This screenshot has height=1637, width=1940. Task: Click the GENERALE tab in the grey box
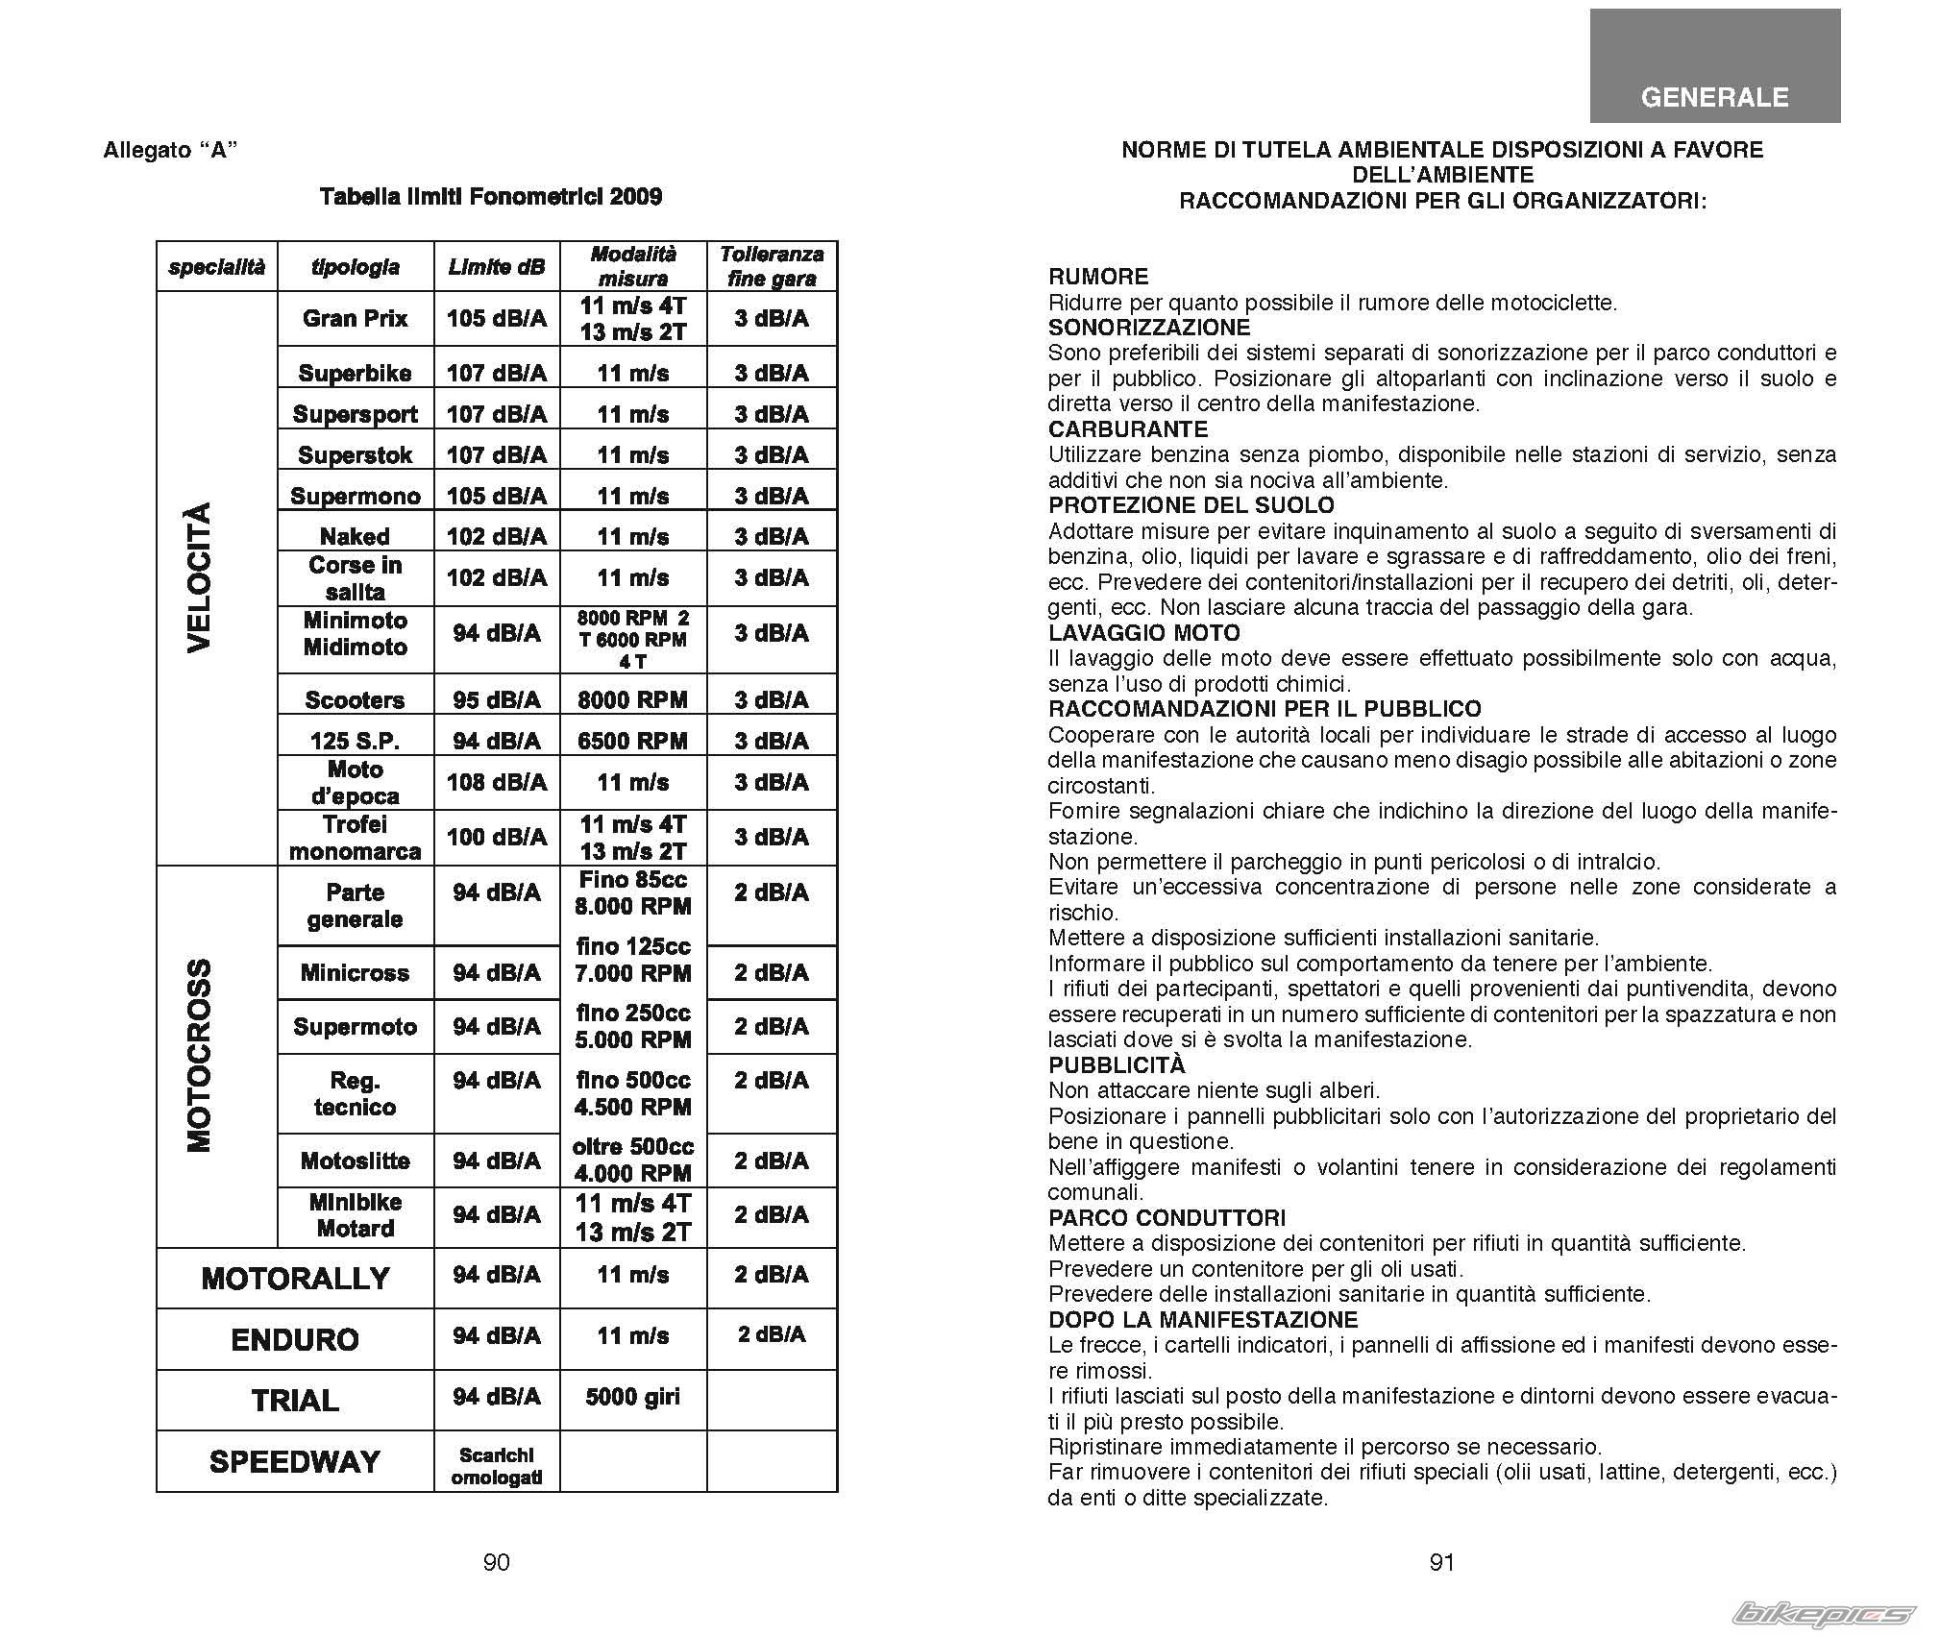point(1714,97)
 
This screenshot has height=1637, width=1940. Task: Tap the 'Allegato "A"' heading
point(170,151)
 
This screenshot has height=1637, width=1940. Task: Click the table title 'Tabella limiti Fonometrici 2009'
point(490,197)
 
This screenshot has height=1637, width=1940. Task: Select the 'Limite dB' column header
point(496,267)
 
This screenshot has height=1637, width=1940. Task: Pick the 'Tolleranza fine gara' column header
point(771,266)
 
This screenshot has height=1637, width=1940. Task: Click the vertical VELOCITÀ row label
point(198,577)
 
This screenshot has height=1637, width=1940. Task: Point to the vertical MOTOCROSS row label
point(198,1055)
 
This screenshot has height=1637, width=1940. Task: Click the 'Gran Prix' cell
point(355,319)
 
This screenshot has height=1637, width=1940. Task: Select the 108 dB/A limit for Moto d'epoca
point(496,782)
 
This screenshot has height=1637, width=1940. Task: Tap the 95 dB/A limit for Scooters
point(496,699)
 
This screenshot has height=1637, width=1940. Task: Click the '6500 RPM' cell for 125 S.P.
point(632,741)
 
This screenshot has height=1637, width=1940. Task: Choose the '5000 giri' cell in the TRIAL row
point(632,1397)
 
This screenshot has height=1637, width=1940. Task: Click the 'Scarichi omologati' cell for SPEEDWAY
point(496,1466)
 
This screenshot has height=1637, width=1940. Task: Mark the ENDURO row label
point(295,1339)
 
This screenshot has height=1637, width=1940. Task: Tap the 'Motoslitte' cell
point(355,1161)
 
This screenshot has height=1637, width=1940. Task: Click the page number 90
point(496,1562)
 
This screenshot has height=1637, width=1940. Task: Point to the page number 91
point(1441,1562)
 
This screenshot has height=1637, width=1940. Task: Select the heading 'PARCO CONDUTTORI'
point(1166,1218)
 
